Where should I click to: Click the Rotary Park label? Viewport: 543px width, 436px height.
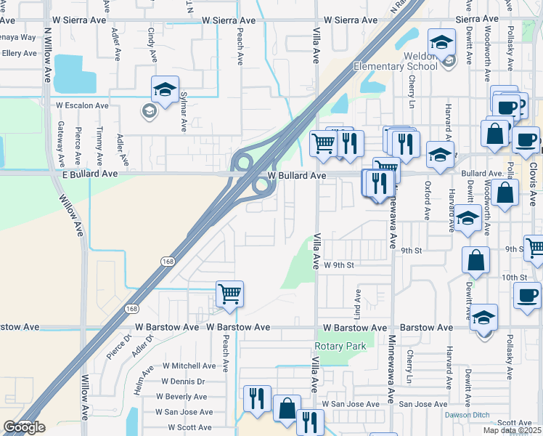point(340,347)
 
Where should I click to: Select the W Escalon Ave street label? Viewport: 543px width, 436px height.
point(82,105)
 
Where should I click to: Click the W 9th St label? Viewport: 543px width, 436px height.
point(338,265)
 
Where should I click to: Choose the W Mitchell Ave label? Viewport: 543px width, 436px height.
point(189,366)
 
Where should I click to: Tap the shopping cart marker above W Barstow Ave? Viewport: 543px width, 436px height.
point(230,295)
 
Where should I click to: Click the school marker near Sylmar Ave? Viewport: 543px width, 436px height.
point(165,90)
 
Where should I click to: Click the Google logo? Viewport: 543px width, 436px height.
point(24,427)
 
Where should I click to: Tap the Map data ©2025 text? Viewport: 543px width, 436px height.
point(511,430)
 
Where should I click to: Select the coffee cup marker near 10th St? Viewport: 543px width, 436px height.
point(526,295)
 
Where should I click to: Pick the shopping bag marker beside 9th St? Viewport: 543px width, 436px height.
point(475,260)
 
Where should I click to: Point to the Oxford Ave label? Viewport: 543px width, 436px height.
point(428,201)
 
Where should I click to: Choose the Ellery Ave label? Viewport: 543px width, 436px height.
point(20,53)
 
